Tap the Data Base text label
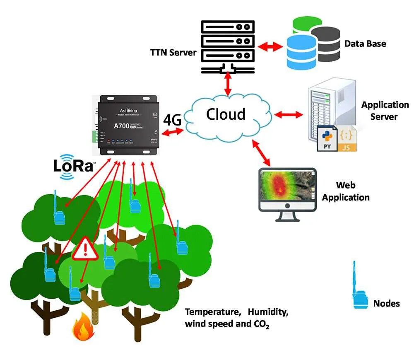365,43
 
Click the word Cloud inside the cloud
226,114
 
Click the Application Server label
385,110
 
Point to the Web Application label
346,191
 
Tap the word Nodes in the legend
386,304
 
